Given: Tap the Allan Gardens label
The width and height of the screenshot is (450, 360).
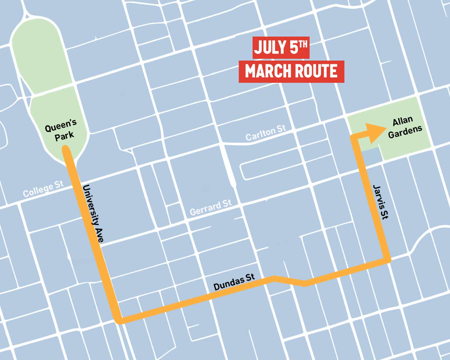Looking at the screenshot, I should tap(404, 127).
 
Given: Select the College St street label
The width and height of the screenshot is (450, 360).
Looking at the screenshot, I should tap(43, 189).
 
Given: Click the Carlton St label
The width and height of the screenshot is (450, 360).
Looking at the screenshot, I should tap(265, 133).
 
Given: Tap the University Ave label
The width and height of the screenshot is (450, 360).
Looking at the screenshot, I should tap(94, 213).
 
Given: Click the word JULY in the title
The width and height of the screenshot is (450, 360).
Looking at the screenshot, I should tap(269, 48).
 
